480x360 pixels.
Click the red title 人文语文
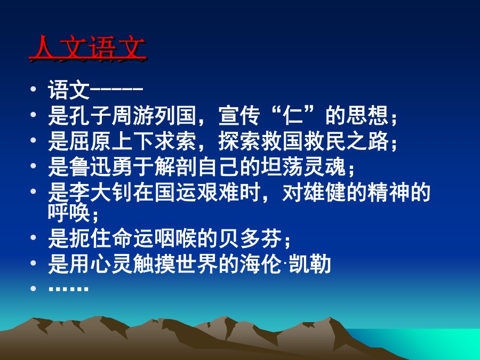[x=87, y=49]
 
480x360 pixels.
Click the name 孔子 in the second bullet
[x=80, y=116]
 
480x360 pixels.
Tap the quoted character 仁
[x=293, y=116]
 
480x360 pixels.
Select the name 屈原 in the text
[x=80, y=141]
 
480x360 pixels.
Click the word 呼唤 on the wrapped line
[x=69, y=212]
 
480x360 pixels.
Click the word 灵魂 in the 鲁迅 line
[x=325, y=167]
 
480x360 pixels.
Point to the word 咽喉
[x=176, y=238]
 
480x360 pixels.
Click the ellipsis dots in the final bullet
[x=69, y=288]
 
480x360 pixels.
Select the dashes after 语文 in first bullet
[x=117, y=89]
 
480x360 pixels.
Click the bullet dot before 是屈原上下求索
[x=33, y=140]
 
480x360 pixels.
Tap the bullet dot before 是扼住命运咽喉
[x=33, y=237]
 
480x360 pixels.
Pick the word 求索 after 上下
[x=176, y=141]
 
